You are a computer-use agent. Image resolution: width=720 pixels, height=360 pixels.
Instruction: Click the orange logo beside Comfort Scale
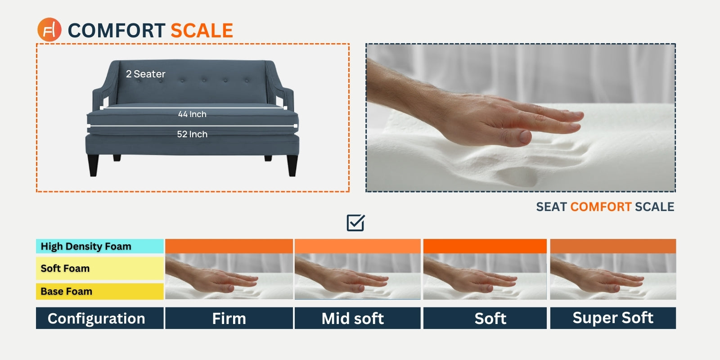tap(49, 30)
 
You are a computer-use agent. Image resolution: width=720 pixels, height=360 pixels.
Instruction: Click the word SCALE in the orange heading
tap(202, 31)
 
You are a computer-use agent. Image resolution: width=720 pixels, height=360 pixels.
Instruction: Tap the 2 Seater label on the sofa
tap(146, 74)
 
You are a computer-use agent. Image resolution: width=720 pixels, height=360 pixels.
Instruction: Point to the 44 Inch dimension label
tap(192, 114)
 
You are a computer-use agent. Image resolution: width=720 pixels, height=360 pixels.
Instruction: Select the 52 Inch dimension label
tap(192, 134)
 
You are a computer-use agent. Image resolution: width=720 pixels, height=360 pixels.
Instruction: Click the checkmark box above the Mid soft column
tap(355, 223)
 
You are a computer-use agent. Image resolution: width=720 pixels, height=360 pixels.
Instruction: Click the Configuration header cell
tap(99, 318)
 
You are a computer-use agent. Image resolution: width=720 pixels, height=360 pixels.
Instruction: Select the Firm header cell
tap(229, 318)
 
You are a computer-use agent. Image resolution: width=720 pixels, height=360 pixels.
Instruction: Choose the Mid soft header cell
tap(357, 318)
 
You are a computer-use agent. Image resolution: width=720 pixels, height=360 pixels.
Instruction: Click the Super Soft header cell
tap(613, 318)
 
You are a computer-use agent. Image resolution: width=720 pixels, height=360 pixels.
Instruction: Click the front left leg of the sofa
tap(93, 165)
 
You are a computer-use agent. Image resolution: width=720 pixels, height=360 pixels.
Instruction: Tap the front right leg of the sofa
tap(292, 165)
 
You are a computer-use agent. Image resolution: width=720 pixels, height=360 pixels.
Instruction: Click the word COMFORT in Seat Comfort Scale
tap(601, 207)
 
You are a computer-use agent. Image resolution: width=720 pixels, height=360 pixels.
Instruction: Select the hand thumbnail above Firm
tap(229, 276)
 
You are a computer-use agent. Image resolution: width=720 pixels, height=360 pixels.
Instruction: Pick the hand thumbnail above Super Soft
tap(613, 276)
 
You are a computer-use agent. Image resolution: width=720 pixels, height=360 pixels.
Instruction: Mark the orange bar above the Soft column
tap(485, 246)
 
